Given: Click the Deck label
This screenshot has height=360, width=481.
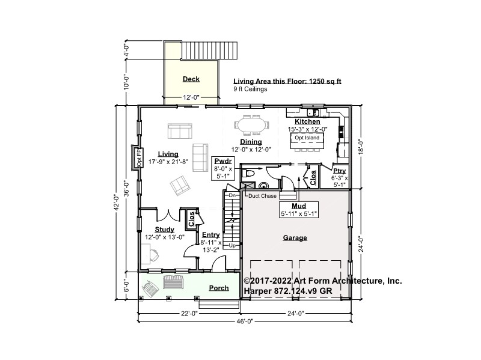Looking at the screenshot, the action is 191,79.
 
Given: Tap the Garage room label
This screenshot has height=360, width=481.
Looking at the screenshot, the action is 295,237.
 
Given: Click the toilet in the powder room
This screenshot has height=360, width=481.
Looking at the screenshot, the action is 248,174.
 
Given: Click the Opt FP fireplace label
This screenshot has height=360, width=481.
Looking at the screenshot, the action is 139,157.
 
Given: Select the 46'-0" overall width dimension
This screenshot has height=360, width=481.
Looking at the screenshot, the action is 245,321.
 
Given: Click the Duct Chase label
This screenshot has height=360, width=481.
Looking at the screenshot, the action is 262,196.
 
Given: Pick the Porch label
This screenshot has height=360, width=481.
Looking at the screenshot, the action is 219,288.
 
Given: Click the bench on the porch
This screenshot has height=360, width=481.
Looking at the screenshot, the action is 173,281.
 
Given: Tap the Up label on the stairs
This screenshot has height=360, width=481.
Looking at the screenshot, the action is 232,246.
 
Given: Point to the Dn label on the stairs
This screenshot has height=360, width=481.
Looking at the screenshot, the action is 232,195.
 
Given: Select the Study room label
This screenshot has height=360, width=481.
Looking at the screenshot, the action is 164,230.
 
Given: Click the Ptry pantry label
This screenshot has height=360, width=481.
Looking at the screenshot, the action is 340,171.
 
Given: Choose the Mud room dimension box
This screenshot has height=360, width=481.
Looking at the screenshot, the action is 299,210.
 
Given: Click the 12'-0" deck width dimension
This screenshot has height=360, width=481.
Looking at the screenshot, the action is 191,97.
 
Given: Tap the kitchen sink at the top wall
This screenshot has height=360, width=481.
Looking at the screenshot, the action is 313,112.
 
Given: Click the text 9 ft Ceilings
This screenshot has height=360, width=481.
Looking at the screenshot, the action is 250,89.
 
